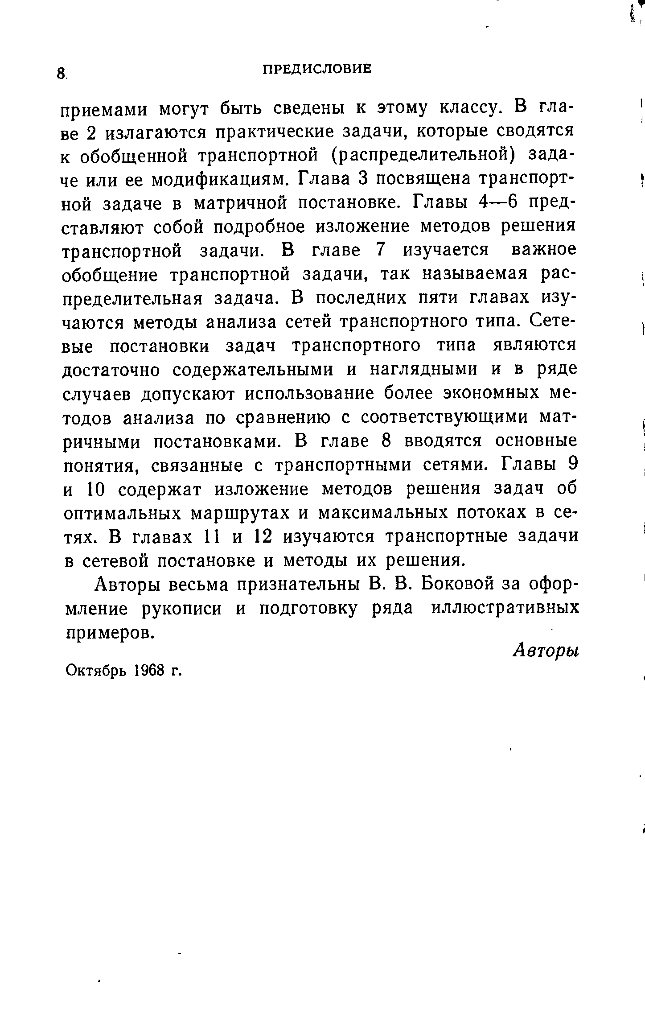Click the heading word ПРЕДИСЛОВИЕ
tap(316, 69)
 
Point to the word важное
tap(543, 251)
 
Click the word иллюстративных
tap(505, 608)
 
